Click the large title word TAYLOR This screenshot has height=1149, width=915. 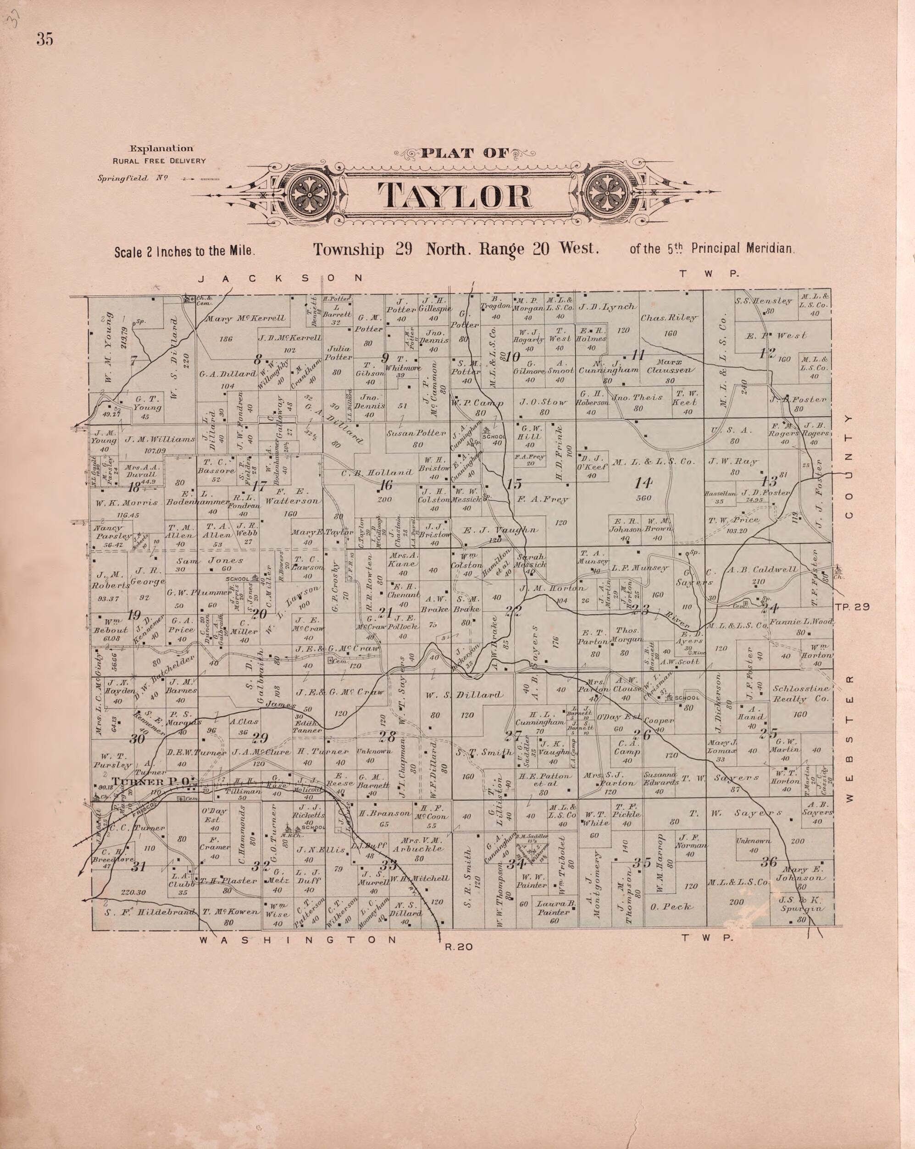click(x=455, y=196)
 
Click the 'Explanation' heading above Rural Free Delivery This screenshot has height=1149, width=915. click(x=161, y=149)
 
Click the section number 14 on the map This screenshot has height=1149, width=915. click(x=643, y=483)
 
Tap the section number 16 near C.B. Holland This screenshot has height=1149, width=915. click(x=385, y=485)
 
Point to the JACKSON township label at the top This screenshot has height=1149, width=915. click(x=280, y=278)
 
